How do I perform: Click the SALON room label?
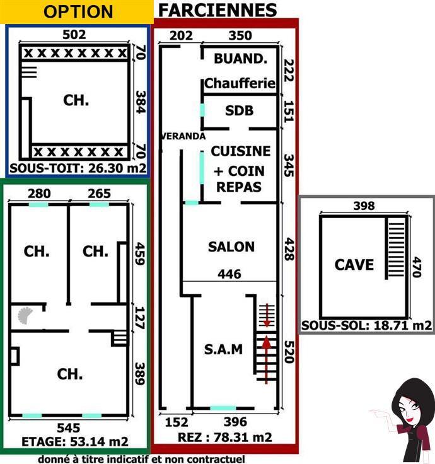click(x=231, y=246)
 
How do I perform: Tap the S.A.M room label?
click(x=223, y=349)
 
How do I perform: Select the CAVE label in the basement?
click(x=354, y=265)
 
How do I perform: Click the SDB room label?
click(x=240, y=111)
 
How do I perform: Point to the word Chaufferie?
click(x=240, y=83)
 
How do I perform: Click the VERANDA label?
click(x=183, y=136)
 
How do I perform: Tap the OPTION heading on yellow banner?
click(x=78, y=12)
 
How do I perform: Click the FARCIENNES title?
click(x=217, y=10)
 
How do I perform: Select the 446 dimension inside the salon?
click(x=229, y=274)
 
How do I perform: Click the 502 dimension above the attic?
click(x=74, y=34)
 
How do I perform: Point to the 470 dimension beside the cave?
click(x=417, y=267)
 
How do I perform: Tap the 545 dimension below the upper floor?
click(x=69, y=427)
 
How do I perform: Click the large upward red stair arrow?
click(x=267, y=359)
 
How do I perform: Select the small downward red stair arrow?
click(x=267, y=315)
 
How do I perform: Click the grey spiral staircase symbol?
click(x=25, y=315)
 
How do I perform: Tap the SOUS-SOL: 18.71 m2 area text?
click(x=367, y=325)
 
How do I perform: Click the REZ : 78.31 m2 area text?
click(x=225, y=437)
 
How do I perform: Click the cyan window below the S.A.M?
click(x=223, y=409)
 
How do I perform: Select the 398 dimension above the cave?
click(x=364, y=206)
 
